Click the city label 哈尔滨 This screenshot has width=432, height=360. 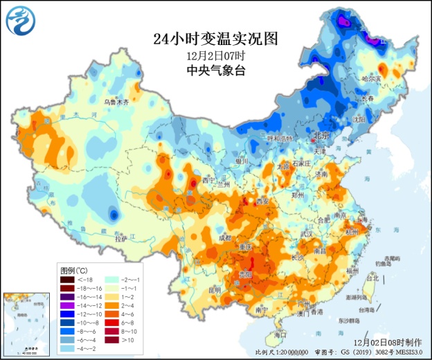click(x=392, y=79)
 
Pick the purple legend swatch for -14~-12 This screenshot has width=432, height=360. click(x=67, y=305)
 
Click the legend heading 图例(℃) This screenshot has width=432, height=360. click(x=74, y=269)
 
